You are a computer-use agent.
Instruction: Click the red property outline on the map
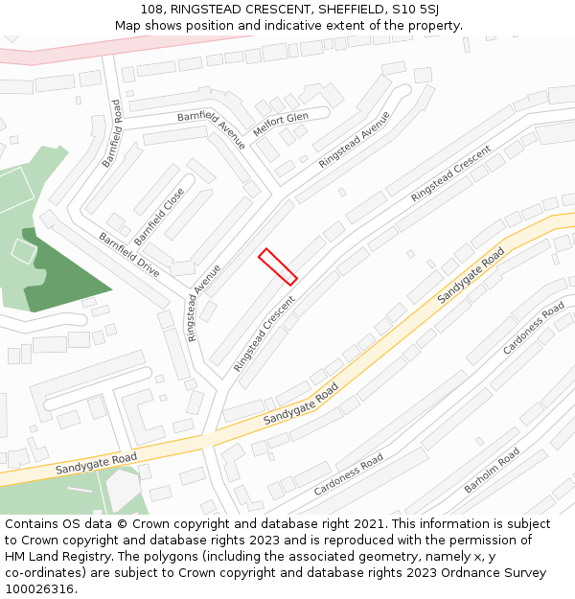(277, 266)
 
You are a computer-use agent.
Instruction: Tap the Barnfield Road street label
(112, 133)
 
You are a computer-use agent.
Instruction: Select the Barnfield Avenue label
(212, 129)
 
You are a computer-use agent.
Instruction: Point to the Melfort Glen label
(280, 123)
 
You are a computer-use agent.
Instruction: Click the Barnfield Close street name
(159, 216)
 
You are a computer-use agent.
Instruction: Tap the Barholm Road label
(492, 471)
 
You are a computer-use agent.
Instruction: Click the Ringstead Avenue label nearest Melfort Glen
(355, 140)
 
